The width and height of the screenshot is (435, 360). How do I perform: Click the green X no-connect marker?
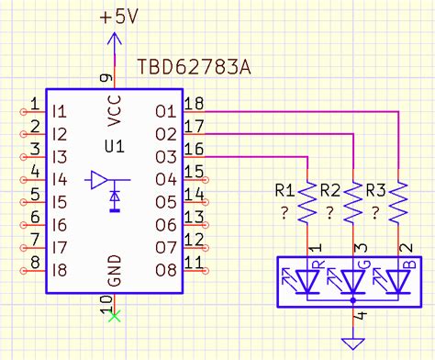(x=114, y=317)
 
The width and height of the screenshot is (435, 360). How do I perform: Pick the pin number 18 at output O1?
(x=193, y=102)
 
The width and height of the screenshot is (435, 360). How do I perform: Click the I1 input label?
(x=61, y=112)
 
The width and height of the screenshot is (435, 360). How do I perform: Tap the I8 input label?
(x=61, y=270)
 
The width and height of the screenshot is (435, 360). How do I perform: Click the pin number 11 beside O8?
(x=193, y=262)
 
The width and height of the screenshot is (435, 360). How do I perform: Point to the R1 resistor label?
(x=284, y=191)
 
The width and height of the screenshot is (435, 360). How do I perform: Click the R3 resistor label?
(x=374, y=191)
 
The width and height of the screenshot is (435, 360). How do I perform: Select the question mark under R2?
(x=329, y=212)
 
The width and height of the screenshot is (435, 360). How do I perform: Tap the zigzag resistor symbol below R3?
(x=399, y=204)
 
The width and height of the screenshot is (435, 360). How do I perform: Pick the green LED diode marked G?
(x=352, y=279)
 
